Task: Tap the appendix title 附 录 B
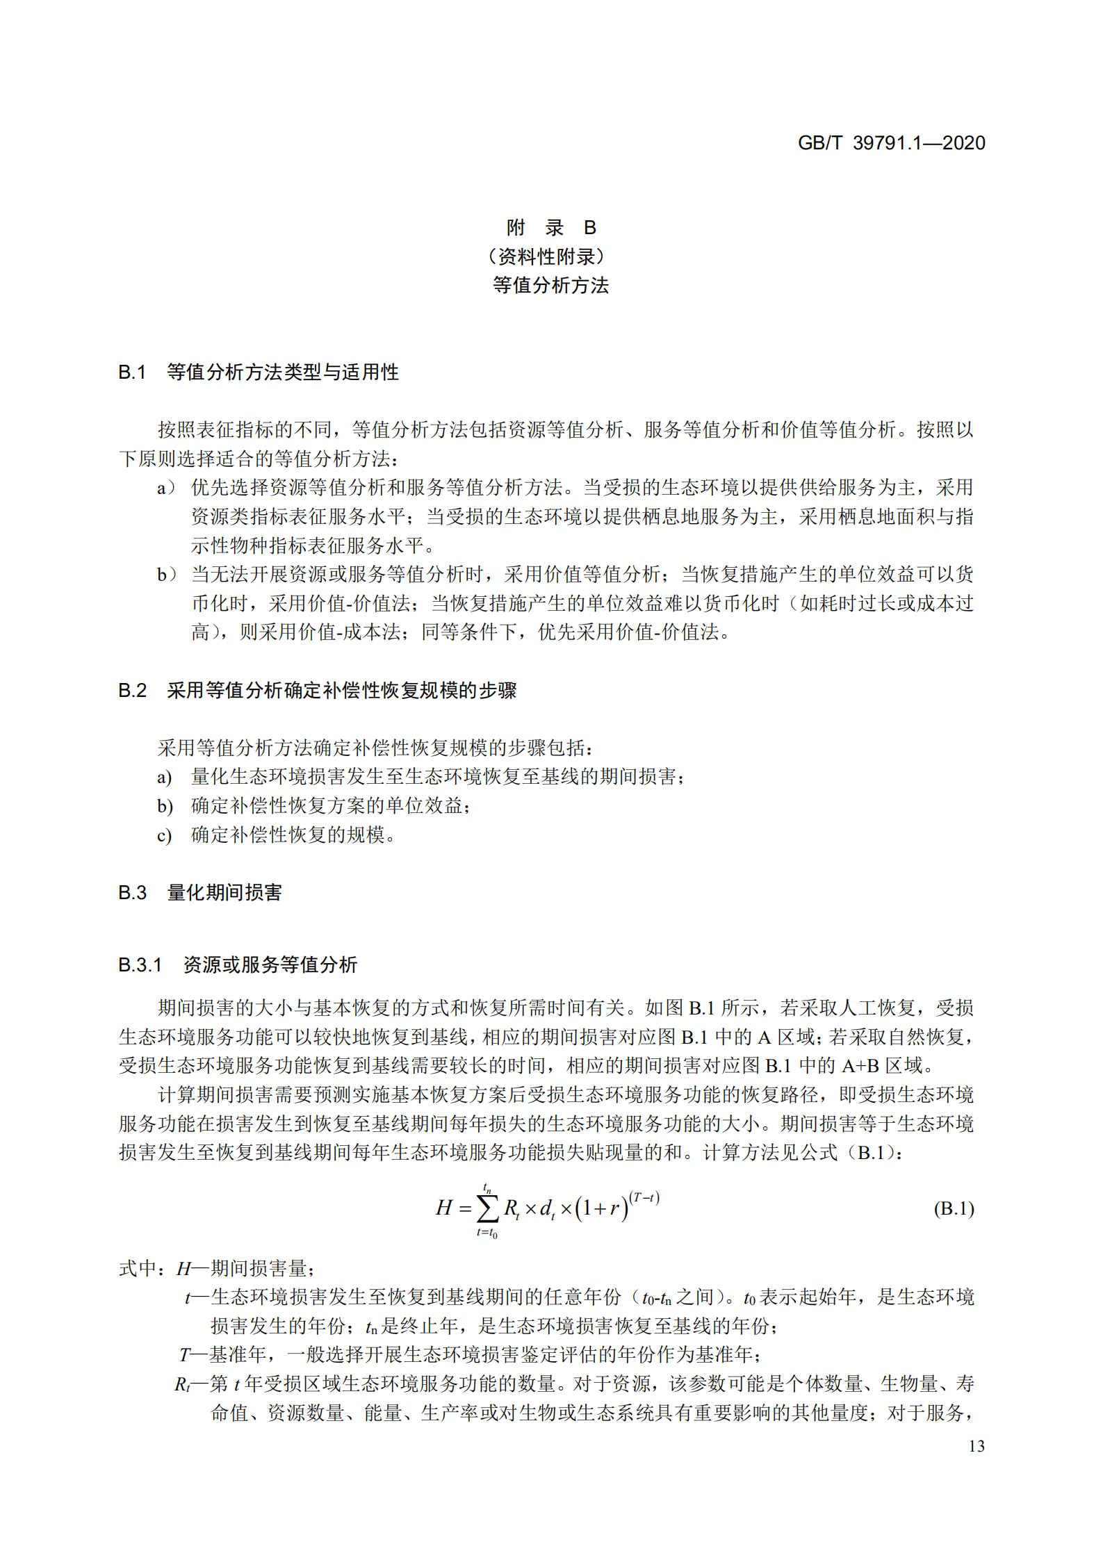pyautogui.click(x=550, y=227)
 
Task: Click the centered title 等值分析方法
pyautogui.click(x=550, y=285)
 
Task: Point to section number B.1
pyautogui.click(x=132, y=372)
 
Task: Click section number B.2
pyautogui.click(x=132, y=690)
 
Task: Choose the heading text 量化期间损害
pyautogui.click(x=224, y=892)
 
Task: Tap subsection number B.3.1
pyautogui.click(x=140, y=964)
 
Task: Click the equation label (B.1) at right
pyautogui.click(x=954, y=1208)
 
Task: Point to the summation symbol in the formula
pyautogui.click(x=487, y=1209)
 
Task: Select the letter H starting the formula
pyautogui.click(x=443, y=1208)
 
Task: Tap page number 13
pyautogui.click(x=976, y=1445)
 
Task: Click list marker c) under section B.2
pyautogui.click(x=164, y=835)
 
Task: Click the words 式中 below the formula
pyautogui.click(x=138, y=1269)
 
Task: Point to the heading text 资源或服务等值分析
pyautogui.click(x=270, y=964)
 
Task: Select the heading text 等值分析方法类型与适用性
pyautogui.click(x=283, y=372)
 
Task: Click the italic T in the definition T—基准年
pyautogui.click(x=184, y=1355)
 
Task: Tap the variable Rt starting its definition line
pyautogui.click(x=182, y=1384)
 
